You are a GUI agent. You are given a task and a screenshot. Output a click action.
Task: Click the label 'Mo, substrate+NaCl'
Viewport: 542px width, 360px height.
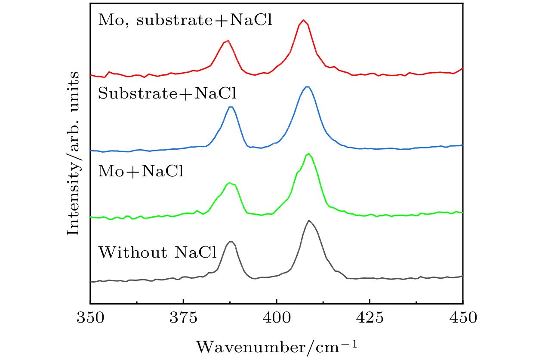pos(185,21)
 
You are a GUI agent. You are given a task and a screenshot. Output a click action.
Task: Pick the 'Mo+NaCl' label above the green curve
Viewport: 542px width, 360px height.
pos(141,172)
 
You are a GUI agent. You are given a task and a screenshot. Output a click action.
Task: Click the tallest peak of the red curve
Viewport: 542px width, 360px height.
pos(304,20)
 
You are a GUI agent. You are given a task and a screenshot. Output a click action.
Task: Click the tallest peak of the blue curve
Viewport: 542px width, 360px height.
pos(307,87)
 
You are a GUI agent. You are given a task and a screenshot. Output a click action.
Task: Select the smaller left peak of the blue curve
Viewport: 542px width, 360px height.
pos(231,107)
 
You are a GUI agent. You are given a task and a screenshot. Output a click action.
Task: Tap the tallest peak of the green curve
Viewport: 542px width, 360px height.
pos(308,154)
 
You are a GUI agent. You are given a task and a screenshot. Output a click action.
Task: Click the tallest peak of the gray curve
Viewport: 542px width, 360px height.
pos(309,220)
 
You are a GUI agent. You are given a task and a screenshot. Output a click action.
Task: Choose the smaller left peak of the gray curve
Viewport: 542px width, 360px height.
pos(231,242)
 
